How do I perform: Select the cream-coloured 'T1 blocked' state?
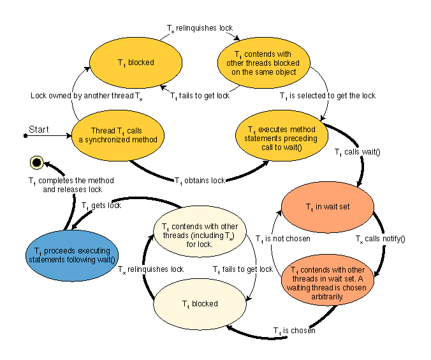200,304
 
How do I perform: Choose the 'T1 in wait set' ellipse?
328,207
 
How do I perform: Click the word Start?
39,130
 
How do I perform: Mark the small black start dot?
26,136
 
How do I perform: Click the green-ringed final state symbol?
36,163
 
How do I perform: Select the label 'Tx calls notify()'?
380,239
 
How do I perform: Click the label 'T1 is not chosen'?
283,239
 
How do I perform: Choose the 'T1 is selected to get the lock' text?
328,96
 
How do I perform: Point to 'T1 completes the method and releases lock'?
64,185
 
